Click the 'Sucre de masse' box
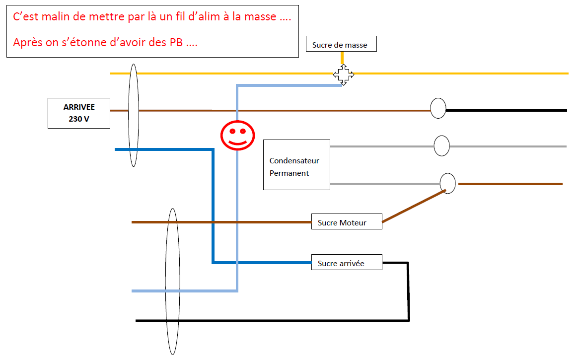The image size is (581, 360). click(341, 44)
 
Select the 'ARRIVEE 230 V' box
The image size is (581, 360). click(79, 113)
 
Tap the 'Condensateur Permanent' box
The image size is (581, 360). click(296, 164)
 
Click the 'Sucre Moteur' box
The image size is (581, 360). click(347, 222)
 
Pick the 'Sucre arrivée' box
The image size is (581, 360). click(347, 263)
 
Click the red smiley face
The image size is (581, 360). click(238, 135)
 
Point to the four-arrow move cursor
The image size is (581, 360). click(343, 75)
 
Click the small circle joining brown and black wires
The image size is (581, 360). click(438, 108)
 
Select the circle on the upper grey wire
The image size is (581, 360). click(441, 146)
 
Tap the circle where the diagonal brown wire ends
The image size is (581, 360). click(448, 183)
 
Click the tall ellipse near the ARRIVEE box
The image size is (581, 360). click(133, 115)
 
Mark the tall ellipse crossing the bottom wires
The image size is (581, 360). click(172, 281)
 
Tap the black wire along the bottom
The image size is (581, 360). click(273, 321)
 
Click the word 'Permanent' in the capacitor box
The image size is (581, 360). click(289, 173)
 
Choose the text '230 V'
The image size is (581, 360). click(79, 119)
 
